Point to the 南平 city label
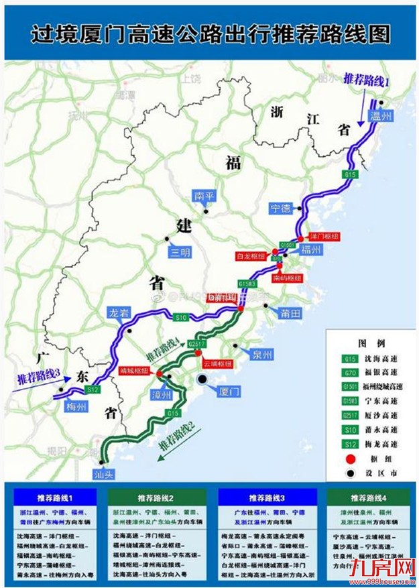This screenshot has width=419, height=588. point(202,196)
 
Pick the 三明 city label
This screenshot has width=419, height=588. point(180,252)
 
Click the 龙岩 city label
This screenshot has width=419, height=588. point(117,313)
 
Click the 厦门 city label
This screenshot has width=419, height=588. point(220,394)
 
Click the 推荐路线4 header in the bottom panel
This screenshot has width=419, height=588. point(366,498)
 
